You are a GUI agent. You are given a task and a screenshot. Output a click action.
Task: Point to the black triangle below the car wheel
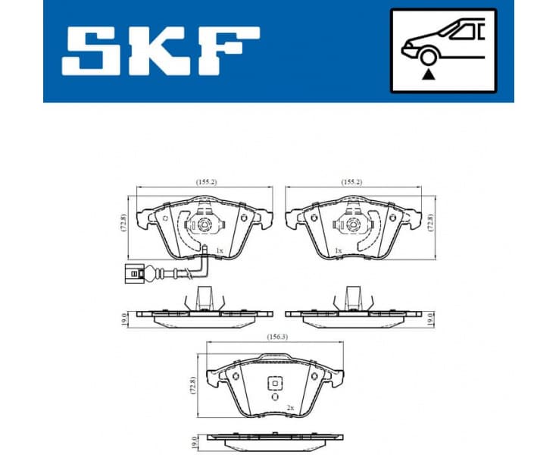tap(429, 74)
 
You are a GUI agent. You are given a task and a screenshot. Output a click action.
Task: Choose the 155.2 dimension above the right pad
tap(352, 183)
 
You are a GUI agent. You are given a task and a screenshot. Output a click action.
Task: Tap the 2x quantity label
tap(290, 407)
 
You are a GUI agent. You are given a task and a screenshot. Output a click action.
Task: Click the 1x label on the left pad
tap(219, 249)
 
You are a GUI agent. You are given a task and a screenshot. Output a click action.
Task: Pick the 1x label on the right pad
tap(339, 249)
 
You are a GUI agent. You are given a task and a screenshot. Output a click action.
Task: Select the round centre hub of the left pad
tap(204, 225)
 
